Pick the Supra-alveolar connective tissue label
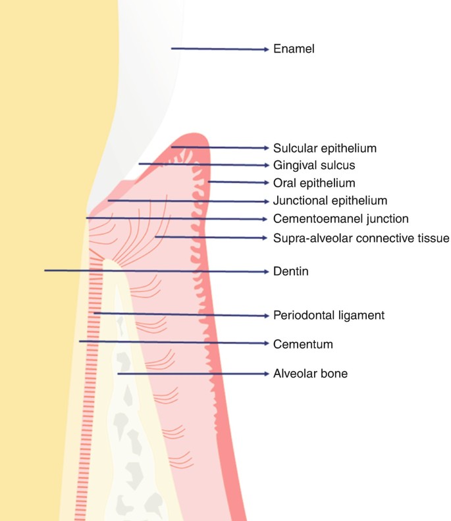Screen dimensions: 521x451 tap(361, 237)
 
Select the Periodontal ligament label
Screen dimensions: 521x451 tap(329, 315)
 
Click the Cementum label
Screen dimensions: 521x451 tap(303, 344)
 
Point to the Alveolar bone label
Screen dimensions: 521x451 tap(310, 374)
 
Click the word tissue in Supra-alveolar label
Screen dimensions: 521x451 tap(433, 237)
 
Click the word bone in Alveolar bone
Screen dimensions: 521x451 tap(335, 374)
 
